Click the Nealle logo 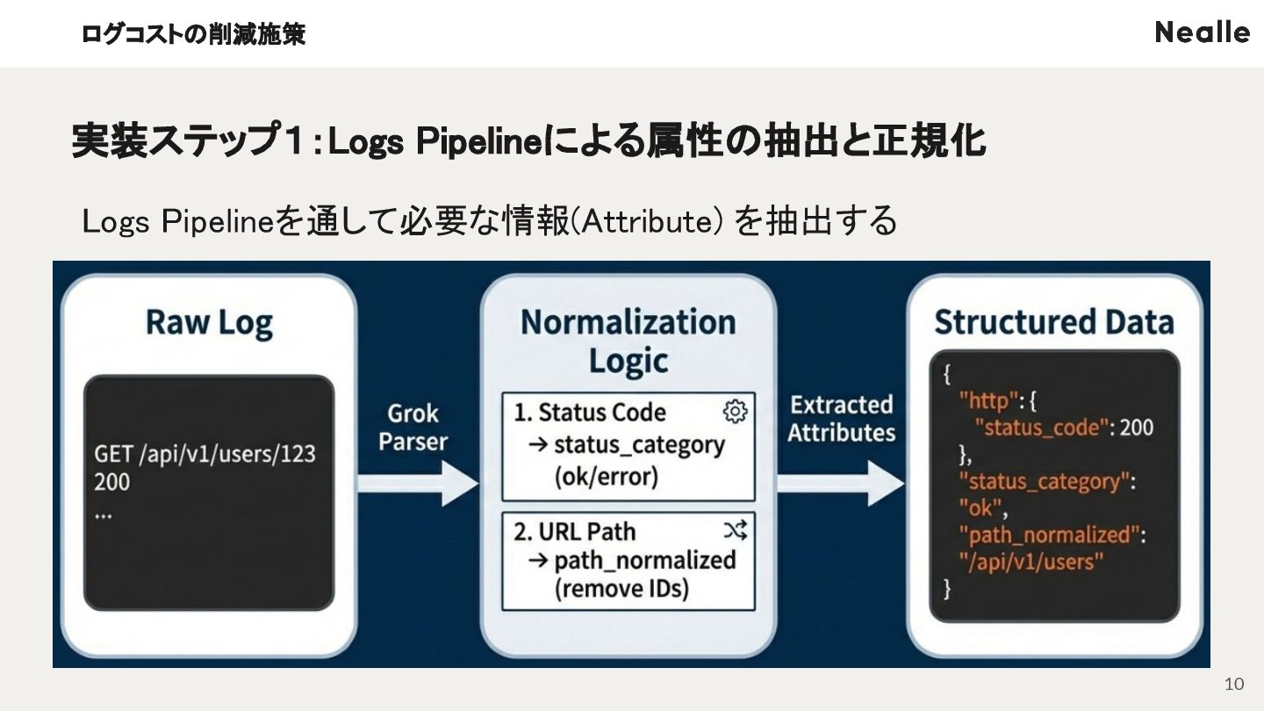pos(1202,32)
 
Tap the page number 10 pos(1234,685)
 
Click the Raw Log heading pos(209,323)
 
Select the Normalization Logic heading pos(628,341)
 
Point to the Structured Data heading pos(1053,322)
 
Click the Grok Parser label pos(413,427)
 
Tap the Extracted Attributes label pos(841,419)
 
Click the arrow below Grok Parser pos(417,484)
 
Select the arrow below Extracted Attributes pos(841,484)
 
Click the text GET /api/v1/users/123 pos(205,455)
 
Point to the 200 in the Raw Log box pos(111,482)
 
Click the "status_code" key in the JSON pos(1041,427)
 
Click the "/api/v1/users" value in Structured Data pos(1030,561)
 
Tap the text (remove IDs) pos(621,588)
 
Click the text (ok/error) pos(606,477)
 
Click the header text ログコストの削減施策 pos(193,34)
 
